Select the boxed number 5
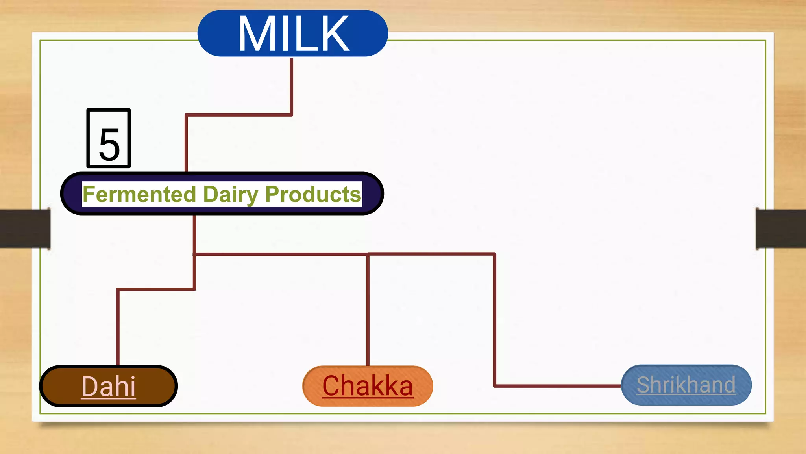click(109, 139)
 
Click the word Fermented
click(139, 194)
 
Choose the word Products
click(313, 194)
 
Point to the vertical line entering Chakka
click(368, 311)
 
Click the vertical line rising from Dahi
click(118, 327)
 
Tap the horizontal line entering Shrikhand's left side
click(559, 386)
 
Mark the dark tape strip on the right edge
click(781, 229)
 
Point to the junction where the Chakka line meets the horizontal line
click(368, 255)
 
